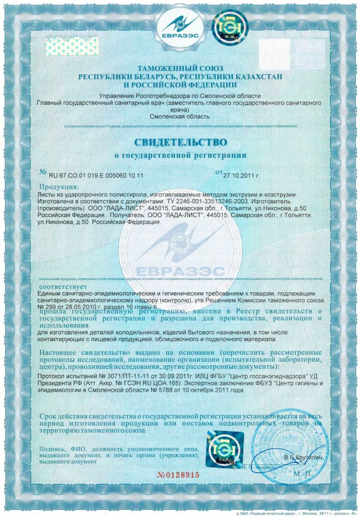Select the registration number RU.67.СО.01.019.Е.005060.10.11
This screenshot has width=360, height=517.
coord(96,175)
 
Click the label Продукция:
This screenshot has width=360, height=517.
coord(59,187)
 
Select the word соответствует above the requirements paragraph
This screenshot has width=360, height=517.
coord(56,285)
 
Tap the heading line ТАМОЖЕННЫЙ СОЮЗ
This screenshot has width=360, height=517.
coord(180,68)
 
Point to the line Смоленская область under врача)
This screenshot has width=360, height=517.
coord(180,117)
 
